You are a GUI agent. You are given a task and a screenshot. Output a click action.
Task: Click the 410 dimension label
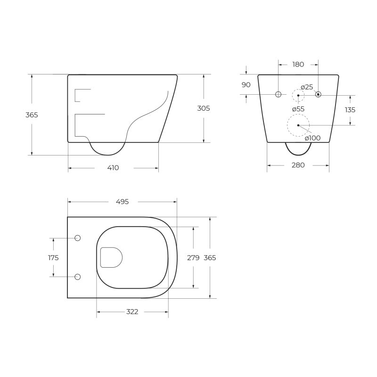113,168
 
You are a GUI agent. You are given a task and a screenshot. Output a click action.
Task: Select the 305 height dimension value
204,108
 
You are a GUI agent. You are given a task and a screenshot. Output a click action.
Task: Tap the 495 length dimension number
123,202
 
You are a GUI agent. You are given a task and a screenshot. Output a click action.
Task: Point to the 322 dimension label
132,312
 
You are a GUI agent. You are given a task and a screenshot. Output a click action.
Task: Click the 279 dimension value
193,258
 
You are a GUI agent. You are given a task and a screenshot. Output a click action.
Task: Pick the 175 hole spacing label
53,258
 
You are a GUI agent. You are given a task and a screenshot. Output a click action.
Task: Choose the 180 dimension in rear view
298,65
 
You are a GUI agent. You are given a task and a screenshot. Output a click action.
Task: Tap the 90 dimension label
246,85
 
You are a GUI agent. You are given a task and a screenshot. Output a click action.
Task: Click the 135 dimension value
350,110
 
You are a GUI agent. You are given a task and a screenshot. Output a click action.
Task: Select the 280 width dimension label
298,165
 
